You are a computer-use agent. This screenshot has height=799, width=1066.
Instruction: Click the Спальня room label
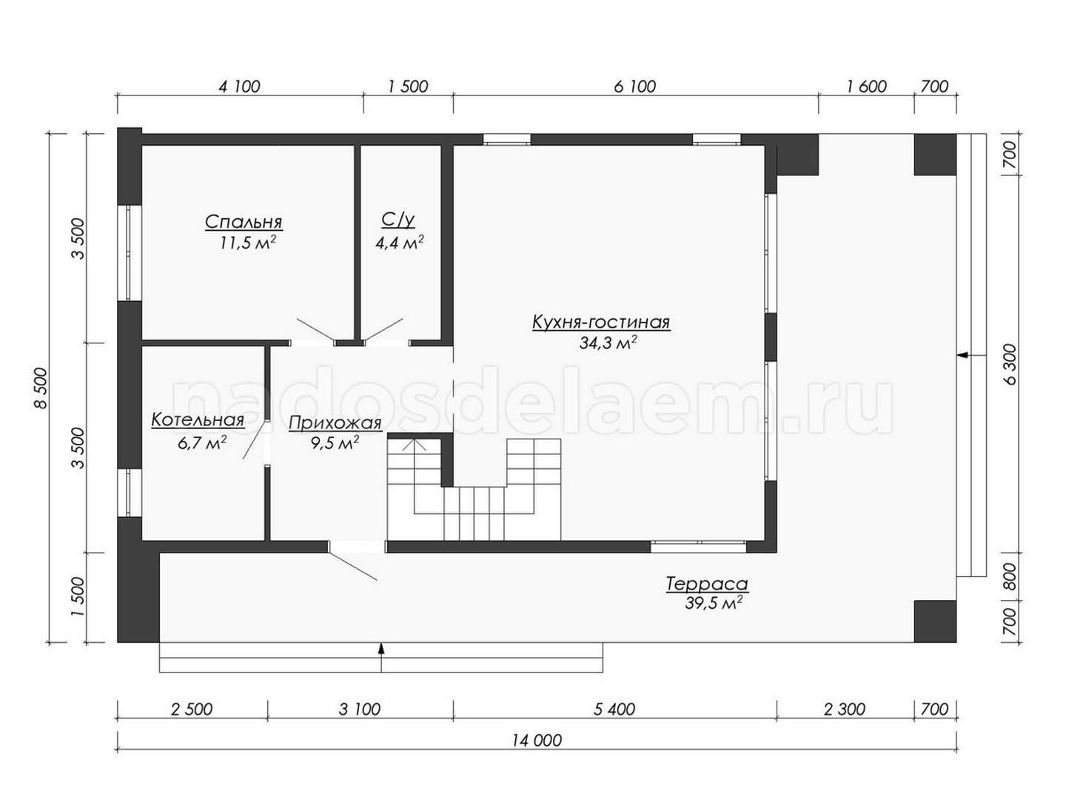pyautogui.click(x=244, y=222)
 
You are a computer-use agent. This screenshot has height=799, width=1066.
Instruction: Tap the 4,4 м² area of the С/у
pyautogui.click(x=399, y=242)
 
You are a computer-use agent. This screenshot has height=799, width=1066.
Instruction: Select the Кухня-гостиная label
pyautogui.click(x=601, y=322)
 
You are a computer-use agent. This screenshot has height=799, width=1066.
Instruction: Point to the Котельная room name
pyautogui.click(x=198, y=419)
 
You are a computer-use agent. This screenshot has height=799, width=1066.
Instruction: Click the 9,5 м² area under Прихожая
pyautogui.click(x=335, y=442)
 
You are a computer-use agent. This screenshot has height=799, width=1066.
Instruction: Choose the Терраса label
pyautogui.click(x=707, y=584)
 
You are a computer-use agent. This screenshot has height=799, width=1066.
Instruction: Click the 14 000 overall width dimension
pyautogui.click(x=537, y=741)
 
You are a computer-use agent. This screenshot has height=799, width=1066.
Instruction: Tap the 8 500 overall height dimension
pyautogui.click(x=41, y=388)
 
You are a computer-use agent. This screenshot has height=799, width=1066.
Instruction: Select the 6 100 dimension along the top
pyautogui.click(x=634, y=87)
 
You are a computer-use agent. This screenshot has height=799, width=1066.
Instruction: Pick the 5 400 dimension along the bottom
pyautogui.click(x=614, y=709)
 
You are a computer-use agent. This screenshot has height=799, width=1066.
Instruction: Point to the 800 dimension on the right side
pyautogui.click(x=1009, y=576)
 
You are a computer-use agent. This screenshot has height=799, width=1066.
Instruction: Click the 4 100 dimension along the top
pyautogui.click(x=239, y=87)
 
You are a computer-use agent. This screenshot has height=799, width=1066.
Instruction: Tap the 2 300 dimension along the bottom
pyautogui.click(x=845, y=709)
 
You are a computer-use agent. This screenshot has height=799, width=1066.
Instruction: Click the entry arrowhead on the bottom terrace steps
pyautogui.click(x=381, y=647)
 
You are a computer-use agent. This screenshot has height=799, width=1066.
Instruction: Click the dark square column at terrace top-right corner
pyautogui.click(x=935, y=155)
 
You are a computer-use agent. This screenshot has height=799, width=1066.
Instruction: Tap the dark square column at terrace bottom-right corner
pyautogui.click(x=935, y=621)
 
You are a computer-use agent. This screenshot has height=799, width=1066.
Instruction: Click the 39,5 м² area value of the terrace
pyautogui.click(x=714, y=603)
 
